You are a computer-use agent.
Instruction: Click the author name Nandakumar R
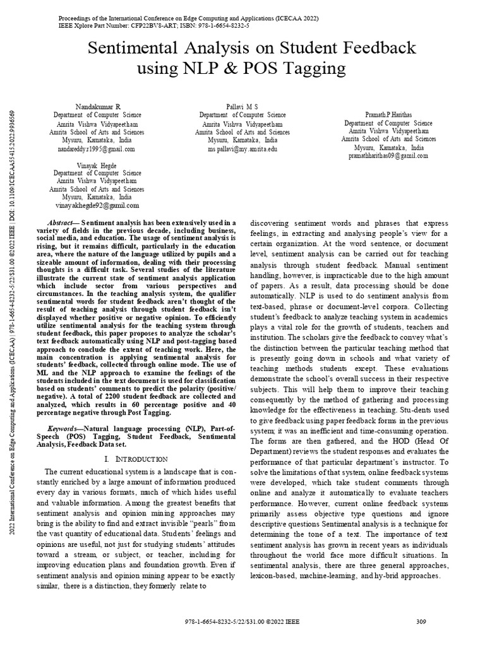pos(97,107)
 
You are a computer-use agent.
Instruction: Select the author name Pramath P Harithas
pos(388,114)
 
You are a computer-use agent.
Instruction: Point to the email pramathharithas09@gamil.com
pos(388,155)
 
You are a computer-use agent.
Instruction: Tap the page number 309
pos(422,621)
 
